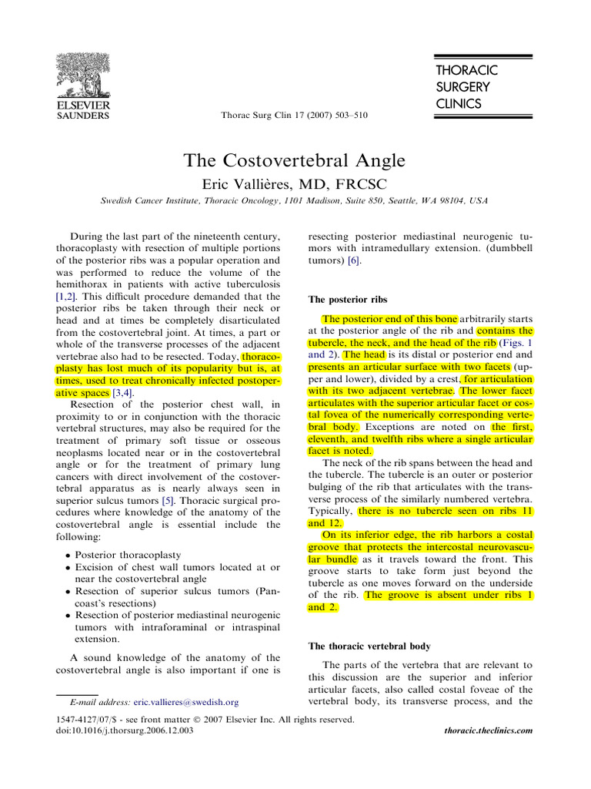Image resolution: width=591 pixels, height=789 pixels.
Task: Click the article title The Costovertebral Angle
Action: coord(293,160)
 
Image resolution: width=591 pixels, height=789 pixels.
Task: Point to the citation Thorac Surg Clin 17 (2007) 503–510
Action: coord(294,116)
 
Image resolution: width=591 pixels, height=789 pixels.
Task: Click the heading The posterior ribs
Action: coord(348,299)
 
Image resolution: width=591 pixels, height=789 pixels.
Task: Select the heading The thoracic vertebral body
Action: coord(369,645)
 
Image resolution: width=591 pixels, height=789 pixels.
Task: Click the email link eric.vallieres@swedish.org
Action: coord(185,702)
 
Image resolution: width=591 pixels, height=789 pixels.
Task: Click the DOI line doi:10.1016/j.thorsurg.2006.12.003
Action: coord(125,729)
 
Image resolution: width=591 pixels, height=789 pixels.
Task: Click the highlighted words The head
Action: coord(362,354)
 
